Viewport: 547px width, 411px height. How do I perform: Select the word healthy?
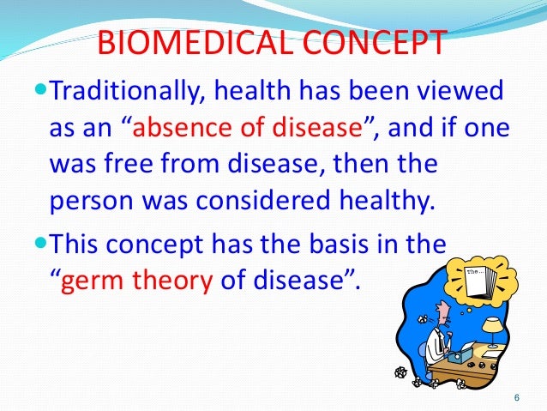click(375, 202)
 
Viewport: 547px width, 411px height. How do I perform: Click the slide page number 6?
click(516, 397)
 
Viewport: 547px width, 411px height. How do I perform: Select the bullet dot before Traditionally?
click(45, 90)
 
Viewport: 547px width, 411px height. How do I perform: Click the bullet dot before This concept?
click(45, 240)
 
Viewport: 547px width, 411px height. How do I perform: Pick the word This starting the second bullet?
click(77, 241)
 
